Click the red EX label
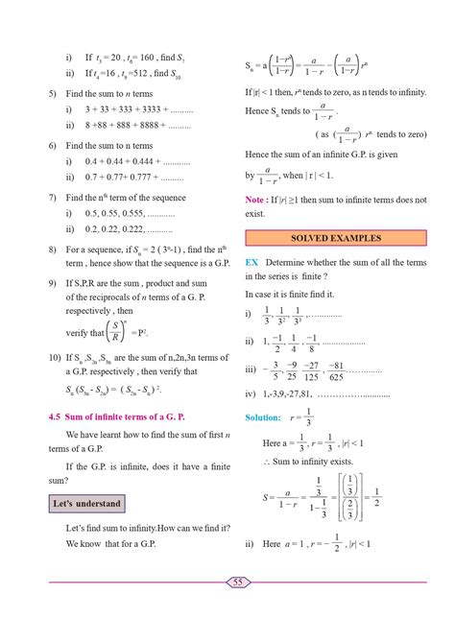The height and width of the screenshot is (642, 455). click(x=251, y=261)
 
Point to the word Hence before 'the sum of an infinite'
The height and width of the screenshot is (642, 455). click(x=259, y=154)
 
